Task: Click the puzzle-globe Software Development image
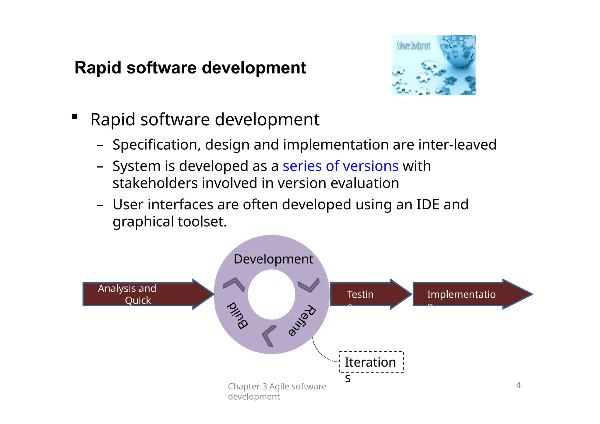point(434,65)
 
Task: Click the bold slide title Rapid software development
point(190,68)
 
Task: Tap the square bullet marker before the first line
point(75,117)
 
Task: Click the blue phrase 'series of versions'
point(340,166)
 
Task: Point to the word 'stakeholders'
point(155,183)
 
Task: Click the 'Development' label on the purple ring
point(273,259)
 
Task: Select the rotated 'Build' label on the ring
point(237,316)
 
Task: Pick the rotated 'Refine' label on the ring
point(302,320)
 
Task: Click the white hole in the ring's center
point(272,295)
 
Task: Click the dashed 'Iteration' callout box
point(371,362)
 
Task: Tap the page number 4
point(518,385)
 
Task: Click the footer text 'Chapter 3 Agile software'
point(277,387)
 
